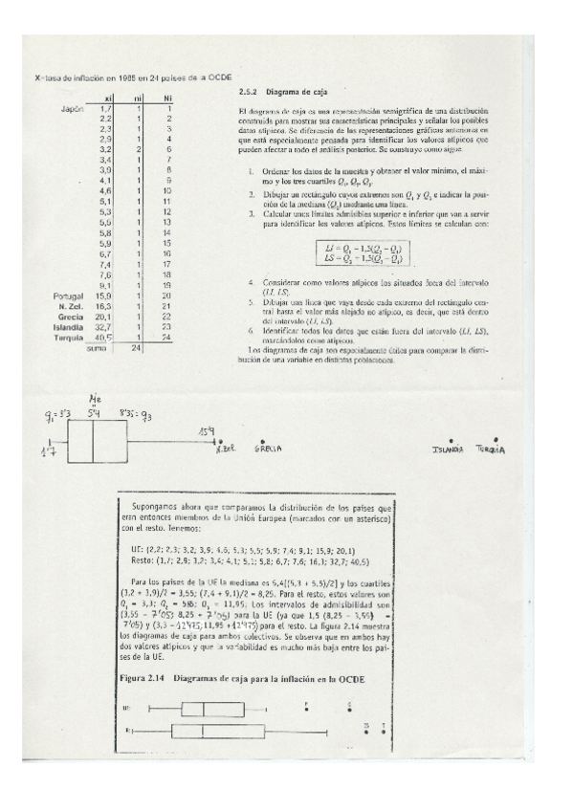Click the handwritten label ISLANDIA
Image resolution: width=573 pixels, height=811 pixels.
pyautogui.click(x=447, y=448)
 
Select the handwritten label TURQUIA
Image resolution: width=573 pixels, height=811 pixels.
pyautogui.click(x=496, y=448)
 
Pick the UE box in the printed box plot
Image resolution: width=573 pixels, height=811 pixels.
pyautogui.click(x=203, y=710)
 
